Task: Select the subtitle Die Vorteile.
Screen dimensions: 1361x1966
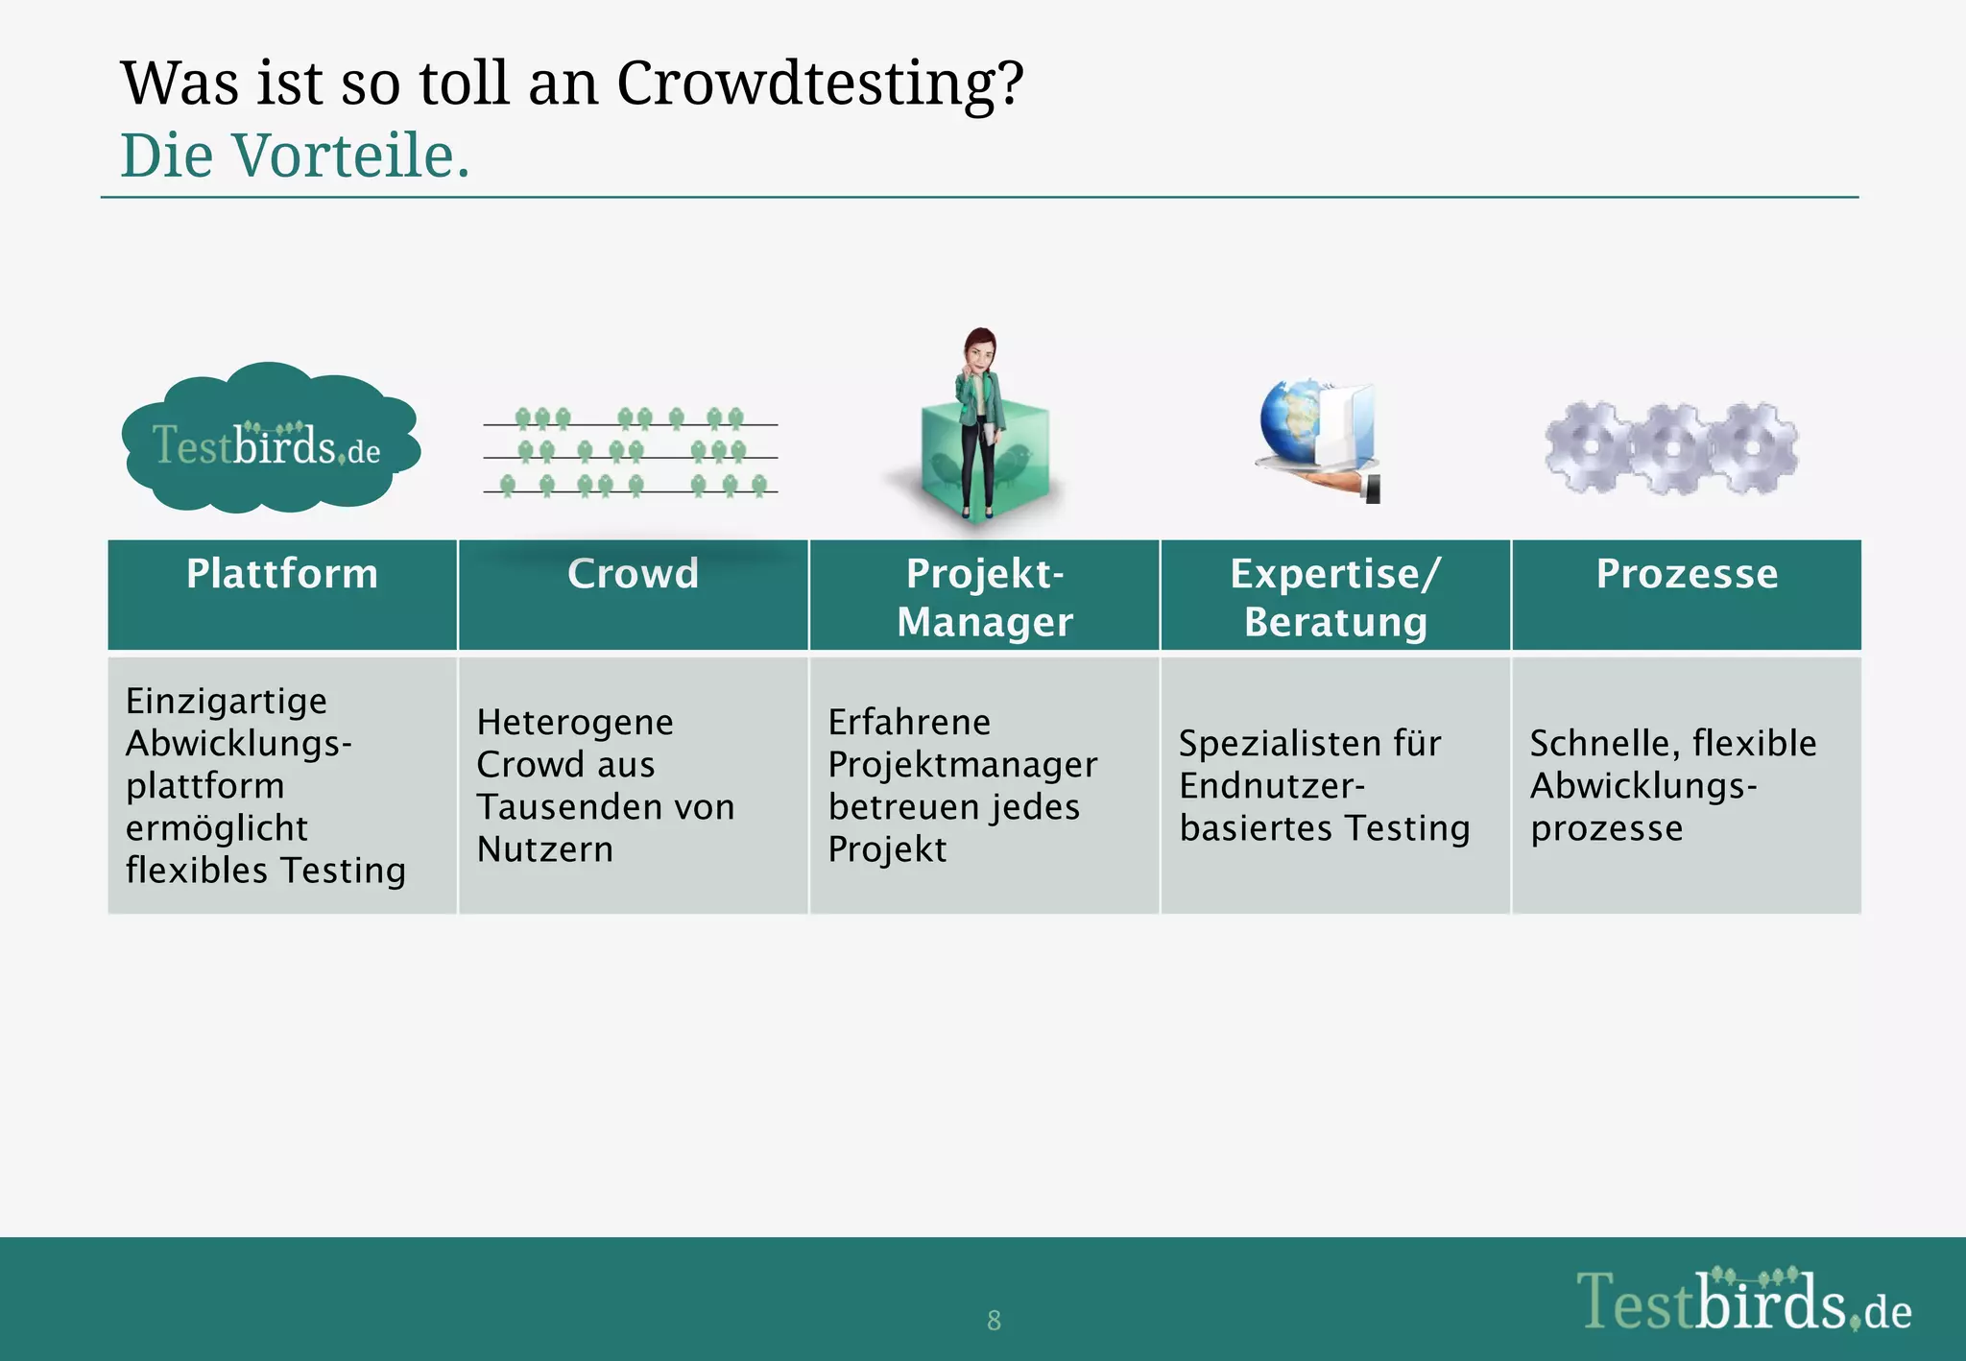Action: [x=295, y=155]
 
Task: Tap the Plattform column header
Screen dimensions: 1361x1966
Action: [x=281, y=574]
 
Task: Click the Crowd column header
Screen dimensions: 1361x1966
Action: [x=633, y=574]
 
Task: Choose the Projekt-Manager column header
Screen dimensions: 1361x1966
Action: [x=984, y=596]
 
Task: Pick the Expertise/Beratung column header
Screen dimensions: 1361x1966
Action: [x=1335, y=596]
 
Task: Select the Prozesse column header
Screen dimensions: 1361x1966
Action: [x=1686, y=574]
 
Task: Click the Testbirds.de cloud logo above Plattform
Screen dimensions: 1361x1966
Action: [x=268, y=442]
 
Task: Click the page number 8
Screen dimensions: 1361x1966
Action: [x=994, y=1321]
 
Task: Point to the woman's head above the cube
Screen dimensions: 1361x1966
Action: [x=979, y=351]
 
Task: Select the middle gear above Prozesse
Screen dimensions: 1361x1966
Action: [x=1671, y=448]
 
